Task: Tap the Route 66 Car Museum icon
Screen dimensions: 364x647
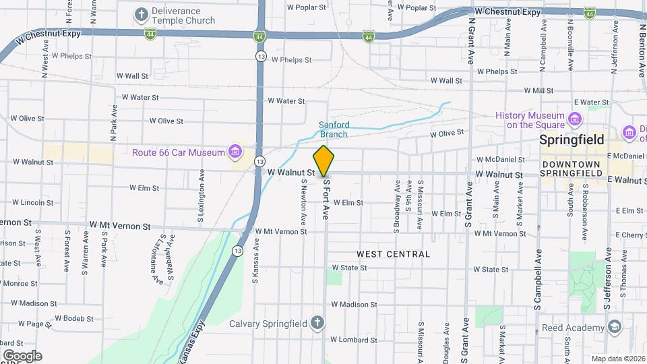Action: click(x=235, y=151)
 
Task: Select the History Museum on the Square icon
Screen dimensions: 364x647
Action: click(x=575, y=120)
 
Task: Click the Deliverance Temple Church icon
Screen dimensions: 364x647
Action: click(x=142, y=14)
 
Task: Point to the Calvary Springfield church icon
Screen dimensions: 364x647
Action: click(x=317, y=323)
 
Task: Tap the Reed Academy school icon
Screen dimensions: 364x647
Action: click(x=613, y=328)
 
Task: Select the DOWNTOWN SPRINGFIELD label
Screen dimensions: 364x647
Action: click(x=572, y=169)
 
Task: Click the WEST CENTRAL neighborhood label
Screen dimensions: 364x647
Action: click(x=393, y=254)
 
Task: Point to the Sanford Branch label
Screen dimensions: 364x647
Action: click(x=334, y=129)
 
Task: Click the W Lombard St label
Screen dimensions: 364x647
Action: click(x=354, y=340)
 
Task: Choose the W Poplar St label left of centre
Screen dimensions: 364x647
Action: click(x=307, y=8)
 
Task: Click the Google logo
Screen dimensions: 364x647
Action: click(x=22, y=356)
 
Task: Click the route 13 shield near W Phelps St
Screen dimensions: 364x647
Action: click(x=260, y=57)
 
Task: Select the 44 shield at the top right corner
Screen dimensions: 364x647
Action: click(x=590, y=13)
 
